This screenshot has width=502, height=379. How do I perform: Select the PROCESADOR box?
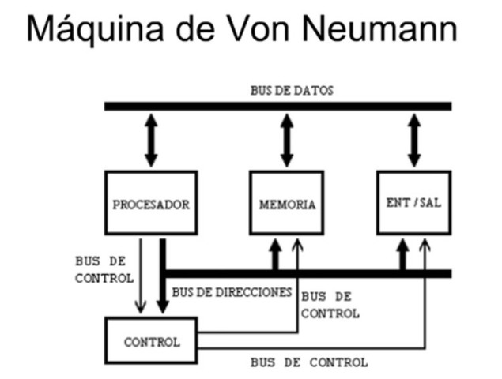pos(151,204)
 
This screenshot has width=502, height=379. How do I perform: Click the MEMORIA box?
pos(287,204)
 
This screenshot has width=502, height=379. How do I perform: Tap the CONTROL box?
pos(151,342)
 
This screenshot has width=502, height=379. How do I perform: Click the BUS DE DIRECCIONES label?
pos(232,291)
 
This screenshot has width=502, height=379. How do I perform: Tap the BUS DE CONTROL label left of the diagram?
pos(98,268)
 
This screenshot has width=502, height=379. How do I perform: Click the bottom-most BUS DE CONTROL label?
pos(308,362)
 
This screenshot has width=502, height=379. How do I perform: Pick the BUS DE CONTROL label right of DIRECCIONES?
pos(330,304)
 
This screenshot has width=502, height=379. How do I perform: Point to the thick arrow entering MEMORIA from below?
pos(275,254)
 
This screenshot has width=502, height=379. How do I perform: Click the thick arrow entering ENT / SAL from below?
pos(402,254)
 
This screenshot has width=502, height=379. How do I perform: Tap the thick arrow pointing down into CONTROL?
pos(163,276)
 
